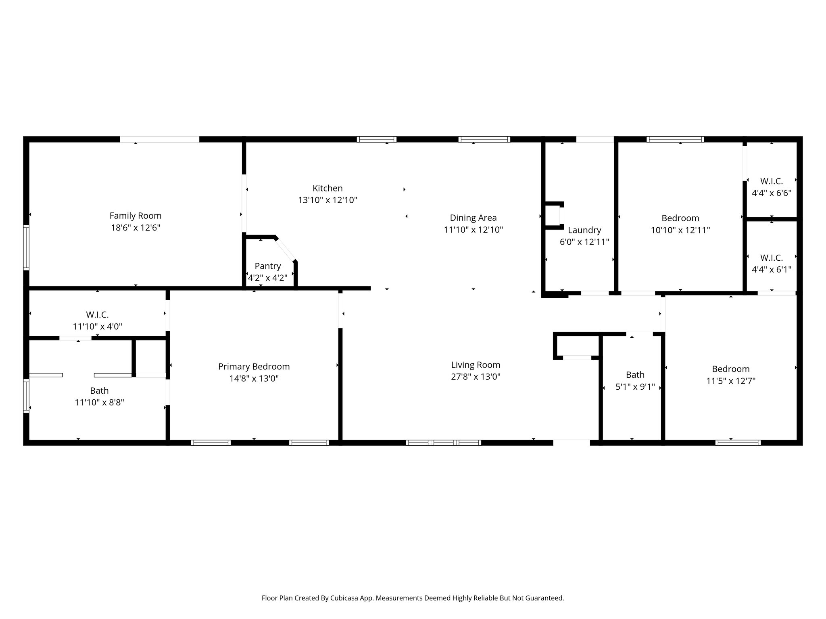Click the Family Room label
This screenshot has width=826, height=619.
136,216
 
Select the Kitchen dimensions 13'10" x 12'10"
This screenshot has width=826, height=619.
327,200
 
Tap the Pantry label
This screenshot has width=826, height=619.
267,266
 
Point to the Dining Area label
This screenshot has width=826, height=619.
473,218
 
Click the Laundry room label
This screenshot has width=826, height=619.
584,230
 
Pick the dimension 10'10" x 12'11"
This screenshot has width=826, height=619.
680,230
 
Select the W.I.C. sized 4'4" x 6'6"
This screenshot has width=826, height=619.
771,181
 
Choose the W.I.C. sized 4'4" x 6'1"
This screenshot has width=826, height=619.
771,258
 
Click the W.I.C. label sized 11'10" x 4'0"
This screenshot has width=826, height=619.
97,315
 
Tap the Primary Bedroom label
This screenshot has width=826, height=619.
254,366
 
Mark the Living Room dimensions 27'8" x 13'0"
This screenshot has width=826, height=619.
476,377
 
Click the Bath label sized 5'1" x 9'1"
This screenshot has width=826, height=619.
635,375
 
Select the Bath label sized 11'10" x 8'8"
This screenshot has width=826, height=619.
99,391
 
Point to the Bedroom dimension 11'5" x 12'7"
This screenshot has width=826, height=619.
730,381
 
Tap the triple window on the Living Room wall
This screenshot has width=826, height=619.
443,442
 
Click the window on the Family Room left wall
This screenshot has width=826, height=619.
26,247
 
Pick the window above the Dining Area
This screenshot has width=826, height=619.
484,139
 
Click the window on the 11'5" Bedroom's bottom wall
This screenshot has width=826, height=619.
738,442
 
